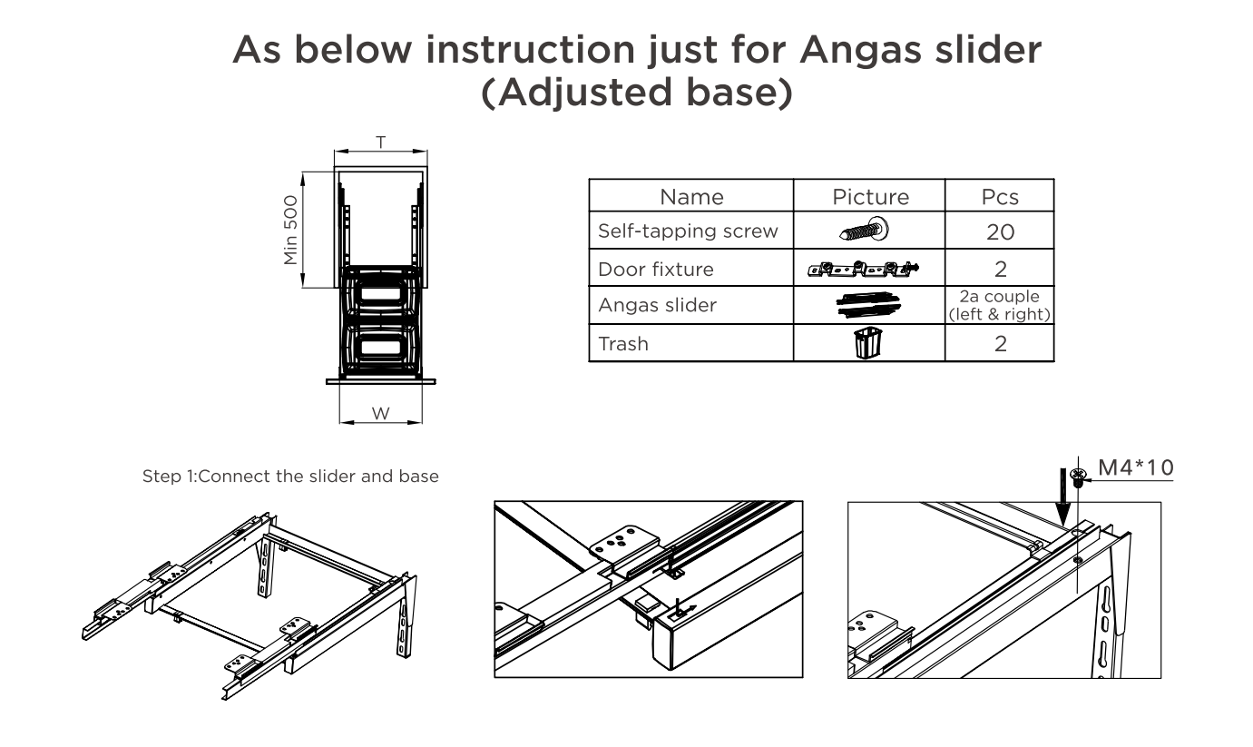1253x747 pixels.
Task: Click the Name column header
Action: [x=691, y=197]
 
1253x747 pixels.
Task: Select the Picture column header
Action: [x=870, y=197]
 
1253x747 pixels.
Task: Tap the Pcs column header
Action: [x=1000, y=197]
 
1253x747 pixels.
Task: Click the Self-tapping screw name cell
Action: [x=688, y=231]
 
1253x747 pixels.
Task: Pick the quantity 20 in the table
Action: [x=1000, y=231]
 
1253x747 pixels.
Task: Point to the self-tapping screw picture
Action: [x=865, y=230]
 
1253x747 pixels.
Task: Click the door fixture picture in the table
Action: [x=863, y=270]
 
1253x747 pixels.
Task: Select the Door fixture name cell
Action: [x=656, y=270]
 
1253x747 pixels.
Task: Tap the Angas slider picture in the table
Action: [x=868, y=305]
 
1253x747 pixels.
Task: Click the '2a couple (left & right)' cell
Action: [x=1000, y=305]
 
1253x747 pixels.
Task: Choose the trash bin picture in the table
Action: [x=868, y=342]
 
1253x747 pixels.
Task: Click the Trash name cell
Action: [x=623, y=344]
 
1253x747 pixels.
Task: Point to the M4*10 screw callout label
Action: [x=1136, y=467]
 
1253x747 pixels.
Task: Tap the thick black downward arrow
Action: [x=1062, y=497]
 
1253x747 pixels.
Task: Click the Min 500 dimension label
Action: [x=291, y=230]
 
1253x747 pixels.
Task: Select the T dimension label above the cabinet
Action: [x=381, y=143]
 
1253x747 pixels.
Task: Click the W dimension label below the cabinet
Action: [x=380, y=414]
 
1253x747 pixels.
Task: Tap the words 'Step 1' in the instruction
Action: [x=168, y=477]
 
